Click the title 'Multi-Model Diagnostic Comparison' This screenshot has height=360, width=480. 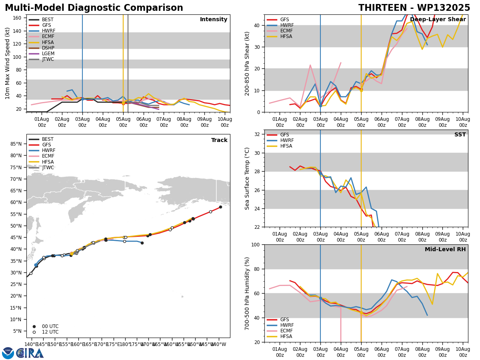(x=94, y=8)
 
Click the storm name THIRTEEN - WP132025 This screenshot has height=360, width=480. (x=414, y=8)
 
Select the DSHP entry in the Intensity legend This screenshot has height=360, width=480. (x=42, y=48)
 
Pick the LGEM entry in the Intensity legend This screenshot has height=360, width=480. (x=42, y=54)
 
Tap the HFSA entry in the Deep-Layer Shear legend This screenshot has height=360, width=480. (x=280, y=36)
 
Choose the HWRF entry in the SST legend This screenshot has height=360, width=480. (x=280, y=140)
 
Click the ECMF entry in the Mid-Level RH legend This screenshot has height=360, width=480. (x=280, y=331)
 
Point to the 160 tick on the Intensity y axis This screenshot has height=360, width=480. (x=17, y=18)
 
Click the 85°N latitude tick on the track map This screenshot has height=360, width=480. (x=16, y=144)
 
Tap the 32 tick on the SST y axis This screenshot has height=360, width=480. (x=257, y=134)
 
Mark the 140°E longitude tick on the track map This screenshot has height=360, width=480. (x=31, y=344)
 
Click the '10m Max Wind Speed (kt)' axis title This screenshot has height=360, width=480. (x=7, y=63)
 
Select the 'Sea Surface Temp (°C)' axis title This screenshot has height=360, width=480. (x=247, y=178)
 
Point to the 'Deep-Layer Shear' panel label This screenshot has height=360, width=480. (x=438, y=20)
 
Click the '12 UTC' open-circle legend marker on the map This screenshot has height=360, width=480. (x=34, y=332)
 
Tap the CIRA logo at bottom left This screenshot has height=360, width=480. (x=30, y=353)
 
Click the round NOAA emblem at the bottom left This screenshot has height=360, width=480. (x=8, y=353)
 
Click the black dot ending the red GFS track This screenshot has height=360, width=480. (x=220, y=207)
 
